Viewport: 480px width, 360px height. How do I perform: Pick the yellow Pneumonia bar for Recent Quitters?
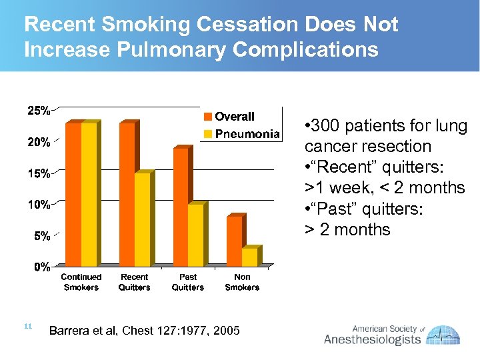[142, 219]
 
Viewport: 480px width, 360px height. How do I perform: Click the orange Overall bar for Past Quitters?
[180, 207]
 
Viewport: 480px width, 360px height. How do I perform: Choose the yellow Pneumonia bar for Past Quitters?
[195, 235]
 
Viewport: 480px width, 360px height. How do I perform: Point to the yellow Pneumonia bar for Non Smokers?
[249, 257]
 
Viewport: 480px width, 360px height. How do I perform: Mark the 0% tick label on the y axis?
[41, 267]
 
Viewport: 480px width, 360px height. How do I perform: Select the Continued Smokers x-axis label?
[81, 282]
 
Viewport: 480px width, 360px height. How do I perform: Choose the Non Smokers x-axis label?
[242, 282]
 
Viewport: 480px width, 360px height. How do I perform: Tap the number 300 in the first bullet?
[325, 126]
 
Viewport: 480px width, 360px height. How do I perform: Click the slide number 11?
[28, 326]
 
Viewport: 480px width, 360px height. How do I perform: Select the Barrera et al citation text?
[145, 331]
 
